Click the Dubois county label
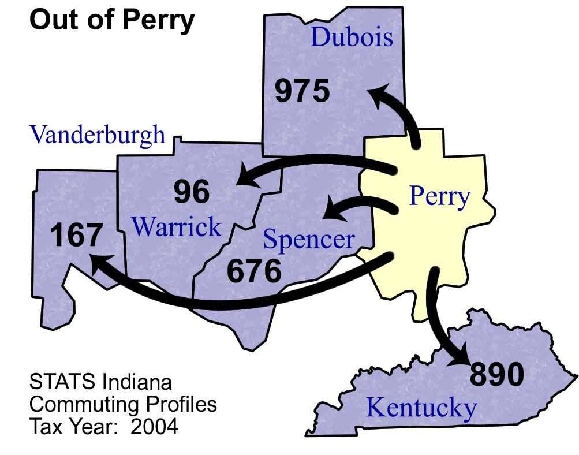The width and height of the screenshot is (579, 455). [x=352, y=38]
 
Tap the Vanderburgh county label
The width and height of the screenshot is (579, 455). [x=98, y=135]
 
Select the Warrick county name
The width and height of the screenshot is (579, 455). [x=177, y=227]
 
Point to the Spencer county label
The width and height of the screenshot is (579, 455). [x=309, y=239]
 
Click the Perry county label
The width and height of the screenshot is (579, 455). [x=440, y=196]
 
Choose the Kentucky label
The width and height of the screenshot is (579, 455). [x=422, y=408]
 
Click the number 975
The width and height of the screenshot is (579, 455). [x=302, y=91]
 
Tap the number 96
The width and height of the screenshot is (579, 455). [x=192, y=192]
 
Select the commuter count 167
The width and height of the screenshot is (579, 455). [x=77, y=236]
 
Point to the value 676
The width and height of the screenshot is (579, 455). [x=254, y=271]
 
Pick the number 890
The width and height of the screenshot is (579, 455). [x=497, y=375]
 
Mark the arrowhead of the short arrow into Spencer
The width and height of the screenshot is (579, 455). [x=331, y=209]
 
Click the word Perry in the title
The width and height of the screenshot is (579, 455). [x=162, y=21]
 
